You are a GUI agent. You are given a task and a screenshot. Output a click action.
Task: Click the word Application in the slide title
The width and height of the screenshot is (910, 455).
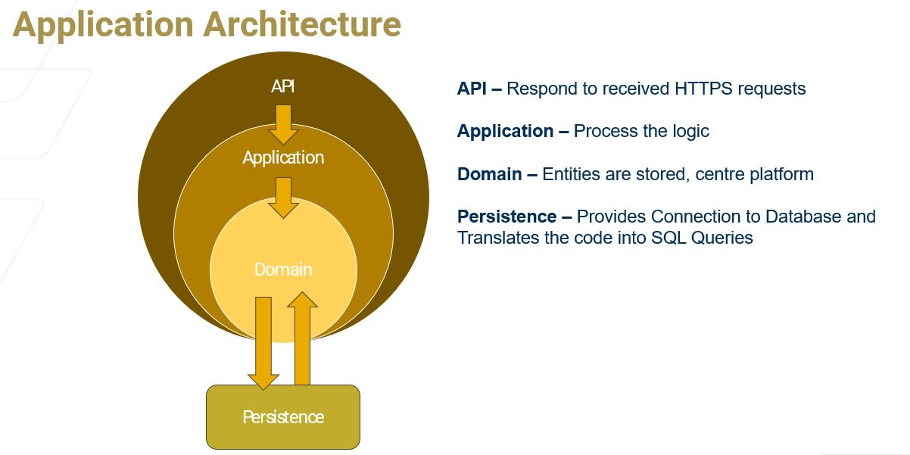point(102,24)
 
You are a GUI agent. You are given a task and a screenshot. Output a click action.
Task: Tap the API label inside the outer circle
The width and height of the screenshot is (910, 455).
point(283,86)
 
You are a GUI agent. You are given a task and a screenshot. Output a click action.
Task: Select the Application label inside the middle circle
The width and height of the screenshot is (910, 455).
point(283,157)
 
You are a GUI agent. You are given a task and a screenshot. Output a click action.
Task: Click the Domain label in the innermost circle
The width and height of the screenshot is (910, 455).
point(283,270)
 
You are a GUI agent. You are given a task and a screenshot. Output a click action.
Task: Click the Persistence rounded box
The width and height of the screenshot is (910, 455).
point(283,417)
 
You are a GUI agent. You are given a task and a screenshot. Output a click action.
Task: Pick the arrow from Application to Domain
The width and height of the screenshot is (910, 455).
point(283,197)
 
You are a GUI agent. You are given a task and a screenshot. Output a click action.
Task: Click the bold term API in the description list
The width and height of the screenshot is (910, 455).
point(472,89)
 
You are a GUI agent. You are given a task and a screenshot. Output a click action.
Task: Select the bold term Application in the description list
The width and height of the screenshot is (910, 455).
point(505,131)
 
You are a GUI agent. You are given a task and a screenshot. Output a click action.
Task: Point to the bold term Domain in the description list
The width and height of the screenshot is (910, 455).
point(489,174)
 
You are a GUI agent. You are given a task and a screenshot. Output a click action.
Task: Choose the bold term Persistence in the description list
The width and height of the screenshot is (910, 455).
point(506,217)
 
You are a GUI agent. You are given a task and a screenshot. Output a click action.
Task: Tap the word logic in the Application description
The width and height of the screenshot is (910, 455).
point(690,131)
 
